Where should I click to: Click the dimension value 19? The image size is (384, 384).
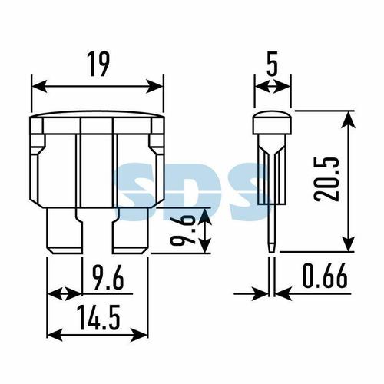[99, 64]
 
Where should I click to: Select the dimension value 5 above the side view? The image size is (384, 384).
[272, 64]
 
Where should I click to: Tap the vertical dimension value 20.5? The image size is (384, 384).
[326, 179]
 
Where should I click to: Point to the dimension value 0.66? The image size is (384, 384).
[325, 276]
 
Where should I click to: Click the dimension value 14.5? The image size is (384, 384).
[98, 317]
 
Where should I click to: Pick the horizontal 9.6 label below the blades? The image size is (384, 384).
[108, 277]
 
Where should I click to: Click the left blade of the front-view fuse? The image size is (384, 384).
[65, 230]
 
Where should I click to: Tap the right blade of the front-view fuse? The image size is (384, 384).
[131, 230]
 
